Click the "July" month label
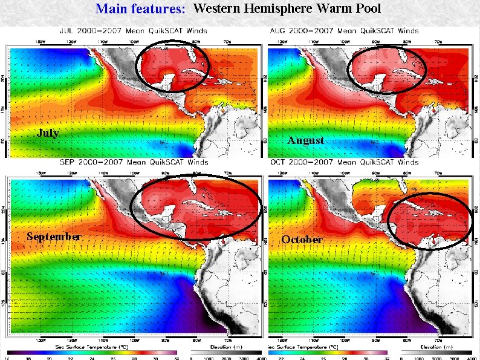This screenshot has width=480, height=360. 48,133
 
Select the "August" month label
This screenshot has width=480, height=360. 305,140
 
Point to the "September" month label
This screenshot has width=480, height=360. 54,237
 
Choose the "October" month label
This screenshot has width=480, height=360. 302,240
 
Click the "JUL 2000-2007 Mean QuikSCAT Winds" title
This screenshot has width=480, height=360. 133,30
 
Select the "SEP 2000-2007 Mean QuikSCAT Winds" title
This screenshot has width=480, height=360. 133,162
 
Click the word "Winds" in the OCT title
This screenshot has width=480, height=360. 407,162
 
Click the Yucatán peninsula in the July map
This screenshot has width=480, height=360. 164,77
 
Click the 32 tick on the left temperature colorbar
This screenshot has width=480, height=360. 177,357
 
